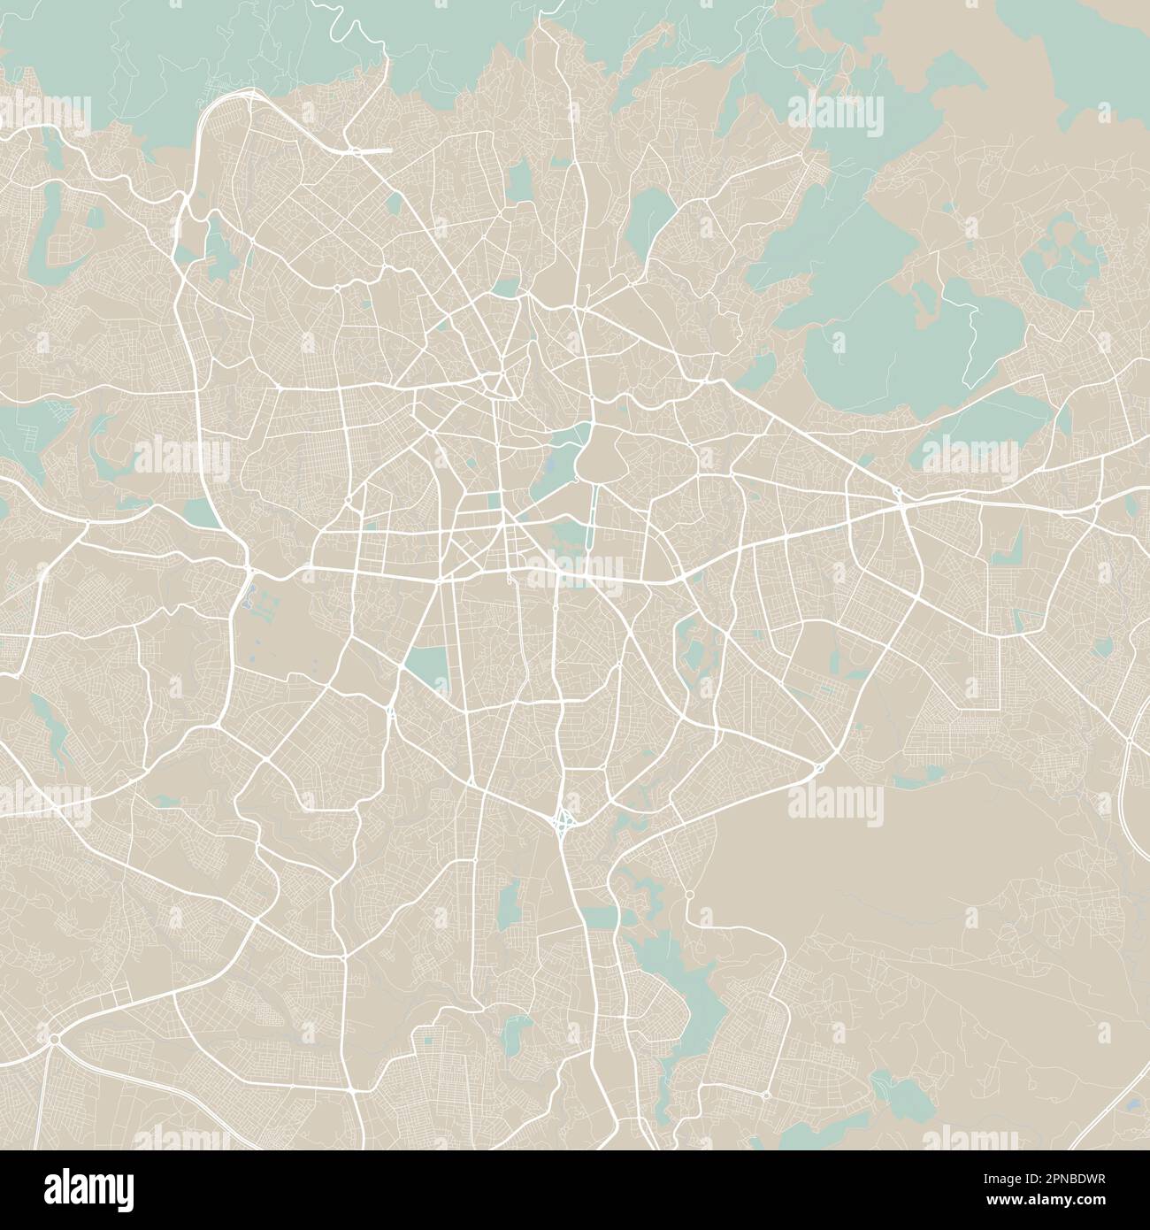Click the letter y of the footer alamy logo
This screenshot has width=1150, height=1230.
pos(125,1190)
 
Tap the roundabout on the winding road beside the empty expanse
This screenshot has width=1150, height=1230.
pos(690,896)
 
